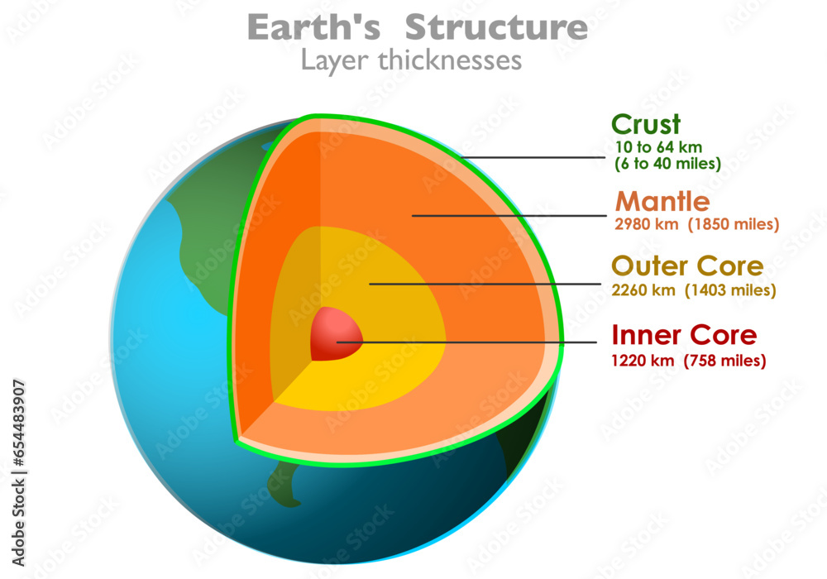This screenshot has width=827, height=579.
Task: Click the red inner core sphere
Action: [335, 333]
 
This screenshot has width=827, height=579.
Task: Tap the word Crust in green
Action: [646, 125]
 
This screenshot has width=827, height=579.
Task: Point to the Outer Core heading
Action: [687, 266]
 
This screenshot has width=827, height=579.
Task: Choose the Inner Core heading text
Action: [684, 335]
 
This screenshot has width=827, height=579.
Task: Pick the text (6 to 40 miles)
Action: [667, 164]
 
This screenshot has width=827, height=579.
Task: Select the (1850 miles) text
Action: [732, 224]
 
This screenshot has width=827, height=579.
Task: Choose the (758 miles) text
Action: [725, 361]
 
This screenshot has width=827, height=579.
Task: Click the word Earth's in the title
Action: [314, 28]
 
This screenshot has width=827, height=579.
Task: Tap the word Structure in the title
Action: [496, 28]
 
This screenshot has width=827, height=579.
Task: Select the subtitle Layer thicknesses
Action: [411, 60]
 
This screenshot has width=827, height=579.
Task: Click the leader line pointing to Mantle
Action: [509, 216]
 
